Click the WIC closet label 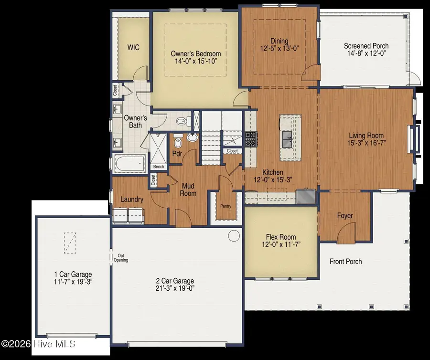tap(133, 47)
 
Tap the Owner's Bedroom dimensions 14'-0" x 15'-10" tap(196, 61)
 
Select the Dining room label tap(279, 41)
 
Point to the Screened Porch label tap(366, 46)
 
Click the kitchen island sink tap(287, 139)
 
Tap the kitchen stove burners tap(251, 139)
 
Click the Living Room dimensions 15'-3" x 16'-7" tap(366, 143)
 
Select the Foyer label tap(345, 216)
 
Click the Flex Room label tap(281, 237)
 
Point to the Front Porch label tap(345, 261)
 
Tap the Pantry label tap(226, 206)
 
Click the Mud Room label tap(188, 190)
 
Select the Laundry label tap(132, 200)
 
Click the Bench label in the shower tap(159, 167)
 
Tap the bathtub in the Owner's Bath tap(129, 164)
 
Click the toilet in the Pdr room tap(178, 141)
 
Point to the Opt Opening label tap(121, 258)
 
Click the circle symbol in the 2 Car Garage tap(234, 235)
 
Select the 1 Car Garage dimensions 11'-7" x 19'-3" tap(73, 282)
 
